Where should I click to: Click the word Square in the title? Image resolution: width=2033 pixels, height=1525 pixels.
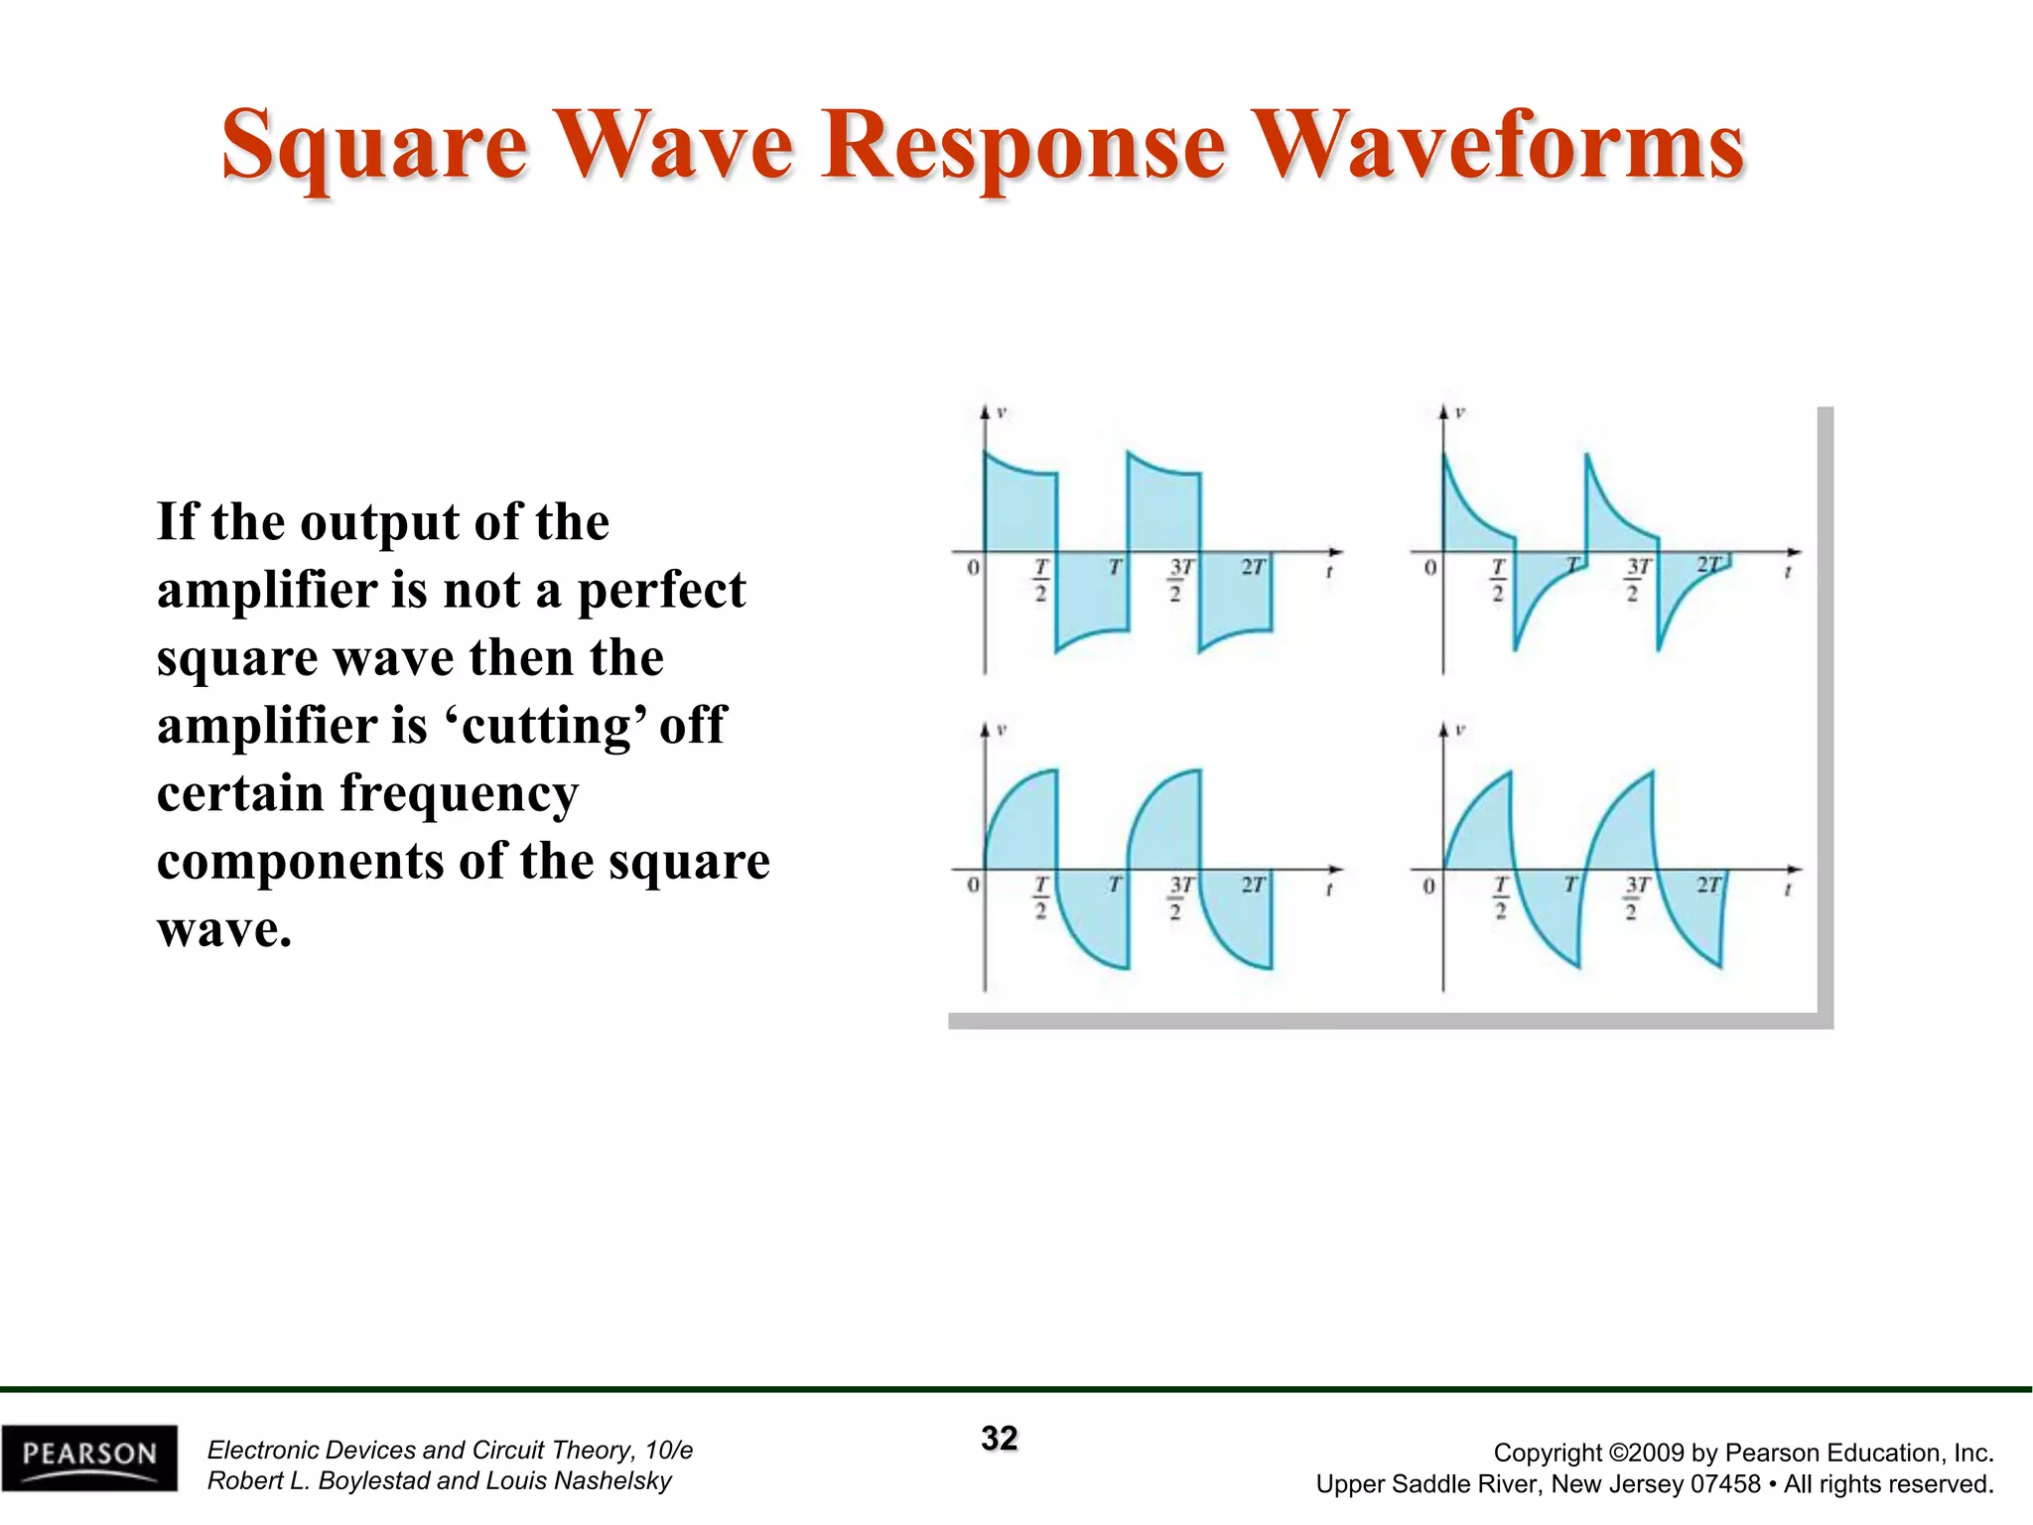tap(374, 147)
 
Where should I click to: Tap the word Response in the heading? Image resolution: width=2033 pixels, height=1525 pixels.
tap(1023, 147)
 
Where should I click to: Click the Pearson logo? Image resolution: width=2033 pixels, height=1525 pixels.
tap(89, 1456)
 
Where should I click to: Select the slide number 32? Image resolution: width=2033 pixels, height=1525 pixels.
tap(1000, 1439)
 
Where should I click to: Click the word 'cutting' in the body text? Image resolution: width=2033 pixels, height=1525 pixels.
tap(548, 725)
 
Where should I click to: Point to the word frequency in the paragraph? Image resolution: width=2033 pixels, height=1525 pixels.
tap(459, 793)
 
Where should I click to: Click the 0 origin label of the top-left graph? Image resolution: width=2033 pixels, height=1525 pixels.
tap(973, 567)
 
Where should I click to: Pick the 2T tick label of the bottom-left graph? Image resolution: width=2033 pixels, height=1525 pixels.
tap(1254, 885)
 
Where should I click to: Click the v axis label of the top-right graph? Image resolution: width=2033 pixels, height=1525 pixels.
tap(1460, 412)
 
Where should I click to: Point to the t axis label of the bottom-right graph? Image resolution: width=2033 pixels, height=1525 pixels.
tap(1787, 891)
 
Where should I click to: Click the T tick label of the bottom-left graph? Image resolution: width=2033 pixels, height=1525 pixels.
tap(1116, 885)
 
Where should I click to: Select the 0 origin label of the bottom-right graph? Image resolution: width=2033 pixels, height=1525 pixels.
tap(1429, 886)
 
